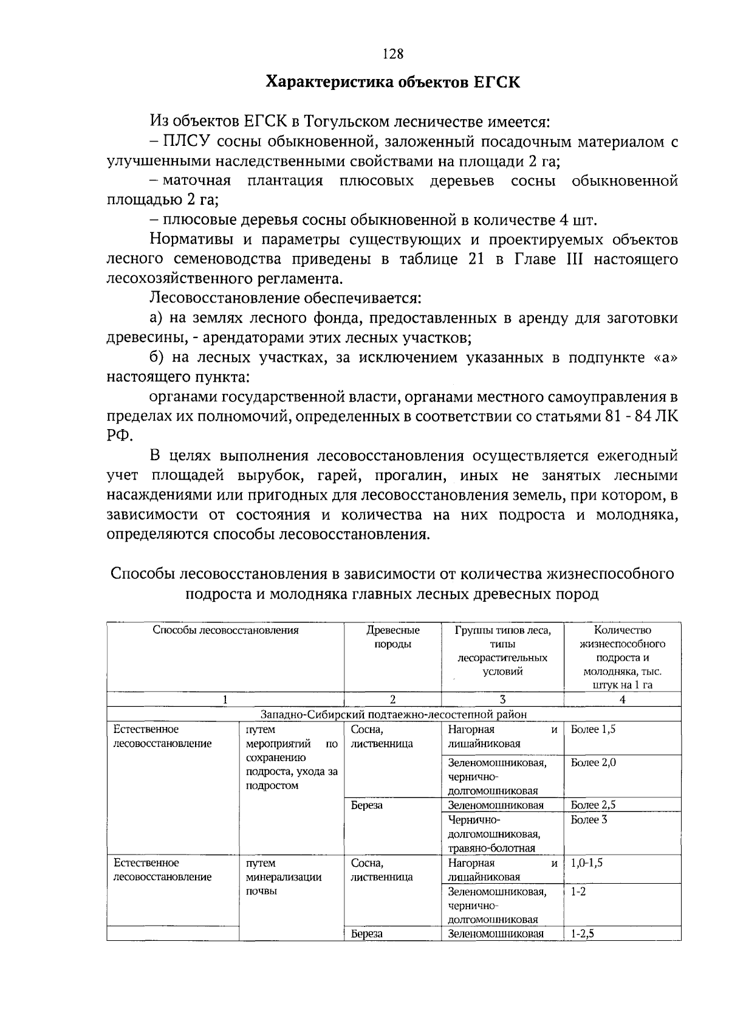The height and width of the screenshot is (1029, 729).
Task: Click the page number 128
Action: pyautogui.click(x=393, y=54)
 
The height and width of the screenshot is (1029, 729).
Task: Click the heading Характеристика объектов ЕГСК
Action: pyautogui.click(x=393, y=82)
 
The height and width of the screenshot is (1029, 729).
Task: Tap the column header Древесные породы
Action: pyautogui.click(x=392, y=637)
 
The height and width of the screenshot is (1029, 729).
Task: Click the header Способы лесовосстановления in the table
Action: pyautogui.click(x=225, y=630)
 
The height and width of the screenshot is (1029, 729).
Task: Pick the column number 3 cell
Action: pyautogui.click(x=502, y=700)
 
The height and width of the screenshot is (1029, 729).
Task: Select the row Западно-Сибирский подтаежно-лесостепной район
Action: pyautogui.click(x=393, y=714)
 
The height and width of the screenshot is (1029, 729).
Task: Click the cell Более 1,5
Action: pyautogui.click(x=593, y=729)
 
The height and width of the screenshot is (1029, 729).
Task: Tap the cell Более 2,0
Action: pyautogui.click(x=593, y=762)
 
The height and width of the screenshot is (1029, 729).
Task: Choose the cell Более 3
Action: pyautogui.click(x=589, y=819)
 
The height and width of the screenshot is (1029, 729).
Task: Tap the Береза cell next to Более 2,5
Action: pyautogui.click(x=367, y=805)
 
